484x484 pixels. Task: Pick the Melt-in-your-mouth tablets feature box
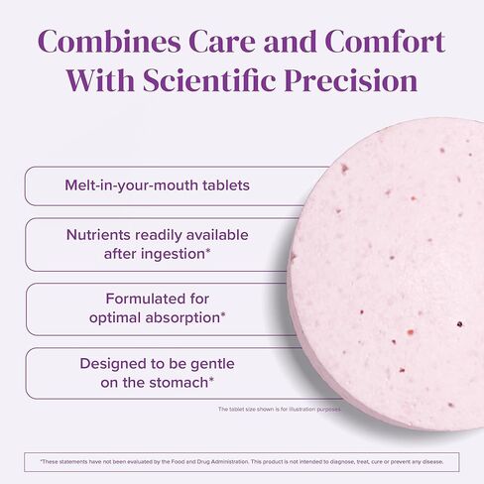pyautogui.click(x=157, y=185)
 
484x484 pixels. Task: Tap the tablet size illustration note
pyautogui.click(x=278, y=410)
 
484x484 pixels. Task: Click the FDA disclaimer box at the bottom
pyautogui.click(x=242, y=461)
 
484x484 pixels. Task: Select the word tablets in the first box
pyautogui.click(x=220, y=185)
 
